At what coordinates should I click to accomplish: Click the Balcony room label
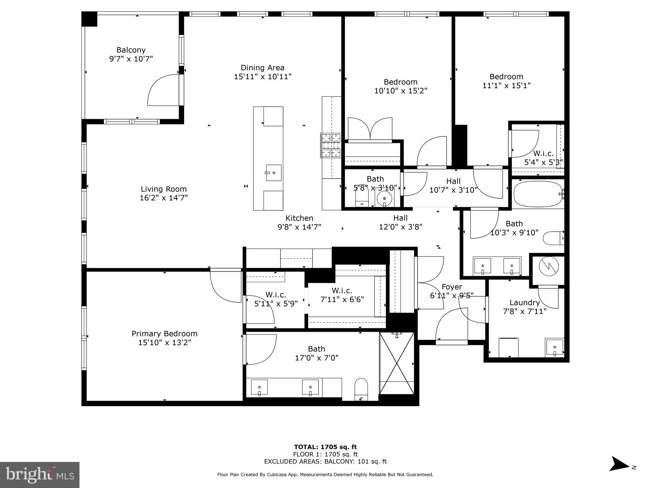point(131,50)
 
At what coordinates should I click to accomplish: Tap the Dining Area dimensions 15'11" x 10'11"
point(263,77)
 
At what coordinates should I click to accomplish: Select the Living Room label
point(164,189)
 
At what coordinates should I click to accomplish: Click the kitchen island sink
point(274,173)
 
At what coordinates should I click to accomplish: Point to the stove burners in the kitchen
point(331,146)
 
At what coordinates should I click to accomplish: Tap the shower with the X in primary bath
point(397,363)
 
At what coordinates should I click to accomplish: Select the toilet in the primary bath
point(361,389)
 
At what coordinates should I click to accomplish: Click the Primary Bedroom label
point(164,334)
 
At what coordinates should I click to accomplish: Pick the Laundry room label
point(524,303)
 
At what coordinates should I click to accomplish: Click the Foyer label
point(452,287)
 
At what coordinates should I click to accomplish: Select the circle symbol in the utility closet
point(549,267)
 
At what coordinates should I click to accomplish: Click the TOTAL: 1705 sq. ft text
point(325,447)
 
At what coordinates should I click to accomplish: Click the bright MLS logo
point(40,475)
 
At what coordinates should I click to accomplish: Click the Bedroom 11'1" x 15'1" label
point(506,77)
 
